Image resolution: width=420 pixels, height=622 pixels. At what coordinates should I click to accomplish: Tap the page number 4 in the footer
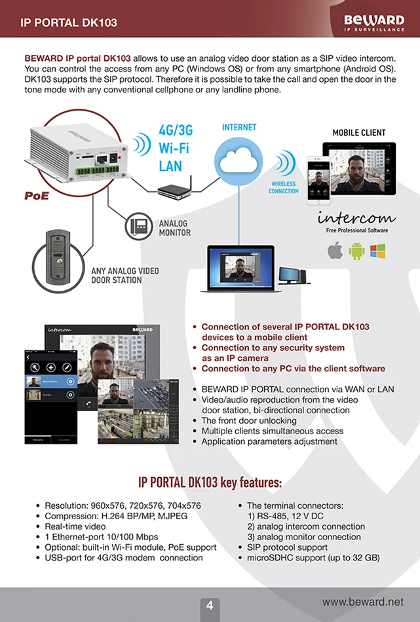pos(210,606)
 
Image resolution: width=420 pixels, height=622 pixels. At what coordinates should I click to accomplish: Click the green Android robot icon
pos(356,251)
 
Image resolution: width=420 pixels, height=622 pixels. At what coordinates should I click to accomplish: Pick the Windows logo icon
pos(377,251)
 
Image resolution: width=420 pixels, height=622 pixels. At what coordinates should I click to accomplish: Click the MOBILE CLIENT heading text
pos(359,133)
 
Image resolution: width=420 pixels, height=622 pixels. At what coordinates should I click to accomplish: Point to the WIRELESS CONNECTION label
pos(284,188)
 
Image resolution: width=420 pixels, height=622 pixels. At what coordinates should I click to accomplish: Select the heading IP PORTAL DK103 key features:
pos(210,483)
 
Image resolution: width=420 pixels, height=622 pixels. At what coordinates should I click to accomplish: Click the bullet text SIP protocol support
pos(287,547)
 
